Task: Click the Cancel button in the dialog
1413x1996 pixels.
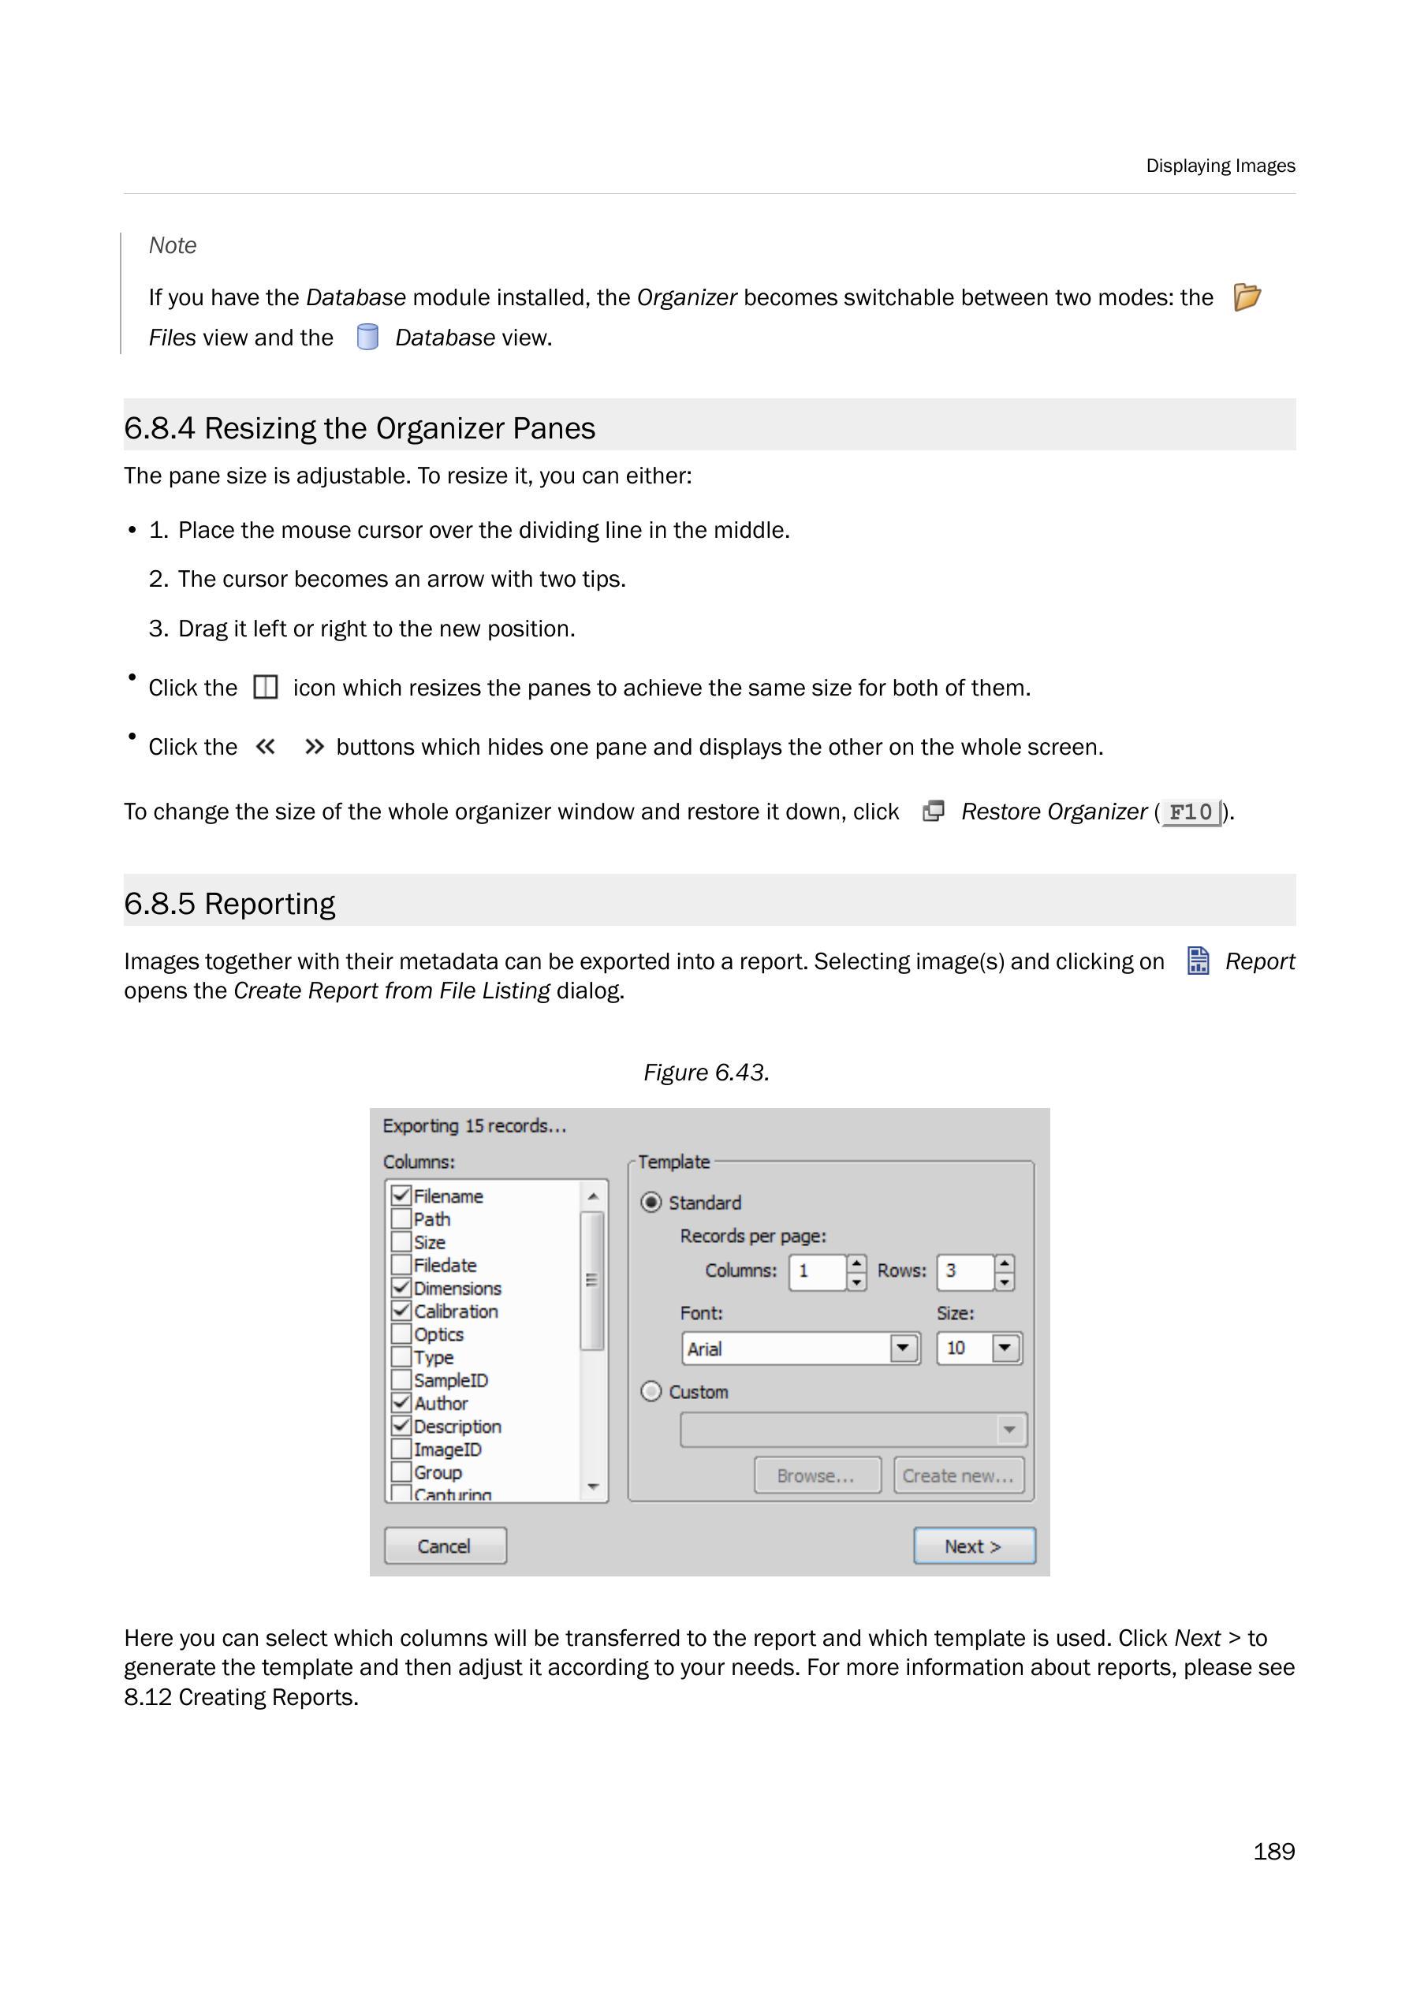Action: (x=445, y=1546)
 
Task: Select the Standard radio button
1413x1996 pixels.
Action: (x=651, y=1203)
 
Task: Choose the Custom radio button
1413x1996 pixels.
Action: (x=651, y=1391)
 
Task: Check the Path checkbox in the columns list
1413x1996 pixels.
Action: (x=401, y=1219)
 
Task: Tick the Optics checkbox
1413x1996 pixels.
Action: (x=401, y=1334)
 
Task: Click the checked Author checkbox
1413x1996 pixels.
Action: (x=401, y=1403)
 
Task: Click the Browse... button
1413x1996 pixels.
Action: (x=816, y=1476)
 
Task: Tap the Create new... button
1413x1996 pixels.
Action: (x=958, y=1476)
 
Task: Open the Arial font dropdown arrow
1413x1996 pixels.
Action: (x=903, y=1349)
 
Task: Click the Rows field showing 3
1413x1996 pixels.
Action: (x=964, y=1271)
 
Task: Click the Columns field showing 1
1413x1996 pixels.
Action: (x=816, y=1271)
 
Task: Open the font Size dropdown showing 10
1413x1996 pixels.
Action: (x=1005, y=1349)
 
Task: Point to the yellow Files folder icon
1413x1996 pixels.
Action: (x=1247, y=297)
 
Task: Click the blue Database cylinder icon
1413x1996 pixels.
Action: (x=368, y=337)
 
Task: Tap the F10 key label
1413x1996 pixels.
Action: (x=1191, y=812)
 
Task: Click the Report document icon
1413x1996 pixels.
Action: (x=1198, y=961)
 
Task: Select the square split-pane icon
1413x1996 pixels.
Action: (x=266, y=688)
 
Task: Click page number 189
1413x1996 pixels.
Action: (x=1273, y=1852)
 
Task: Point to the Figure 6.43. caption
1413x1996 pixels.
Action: (x=706, y=1073)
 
